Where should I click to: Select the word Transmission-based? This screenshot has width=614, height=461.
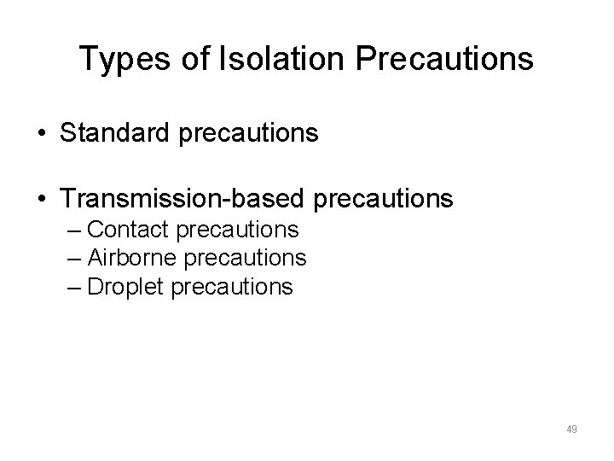184,200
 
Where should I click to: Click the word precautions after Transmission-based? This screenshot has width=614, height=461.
385,200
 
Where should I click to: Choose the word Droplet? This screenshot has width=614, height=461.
125,286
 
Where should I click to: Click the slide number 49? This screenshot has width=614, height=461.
571,429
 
